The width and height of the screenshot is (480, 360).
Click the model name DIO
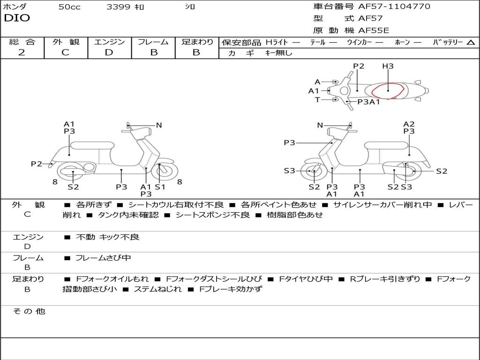(x=17, y=18)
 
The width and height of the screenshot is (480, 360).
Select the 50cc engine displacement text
(x=69, y=7)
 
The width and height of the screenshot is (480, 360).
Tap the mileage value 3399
(x=118, y=7)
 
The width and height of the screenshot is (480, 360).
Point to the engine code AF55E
(x=374, y=30)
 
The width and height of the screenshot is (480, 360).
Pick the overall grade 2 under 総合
(x=22, y=52)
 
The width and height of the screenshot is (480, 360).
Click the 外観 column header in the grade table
(x=66, y=42)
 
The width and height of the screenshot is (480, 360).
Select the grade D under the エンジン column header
(x=109, y=52)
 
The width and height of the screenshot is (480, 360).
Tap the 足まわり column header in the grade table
(x=197, y=42)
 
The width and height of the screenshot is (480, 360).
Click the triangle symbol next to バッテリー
(x=471, y=43)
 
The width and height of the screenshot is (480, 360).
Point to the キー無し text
(x=278, y=53)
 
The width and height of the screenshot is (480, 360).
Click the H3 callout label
(x=388, y=67)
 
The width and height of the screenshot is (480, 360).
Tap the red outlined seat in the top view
(x=388, y=91)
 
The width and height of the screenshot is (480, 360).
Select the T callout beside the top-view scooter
(x=317, y=99)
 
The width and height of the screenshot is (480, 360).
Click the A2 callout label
(x=409, y=124)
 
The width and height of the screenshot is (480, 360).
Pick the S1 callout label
(x=160, y=187)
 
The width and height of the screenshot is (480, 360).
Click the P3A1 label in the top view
(x=368, y=102)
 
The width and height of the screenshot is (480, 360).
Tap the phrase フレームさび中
(x=103, y=258)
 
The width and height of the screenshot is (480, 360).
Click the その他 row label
(x=29, y=311)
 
